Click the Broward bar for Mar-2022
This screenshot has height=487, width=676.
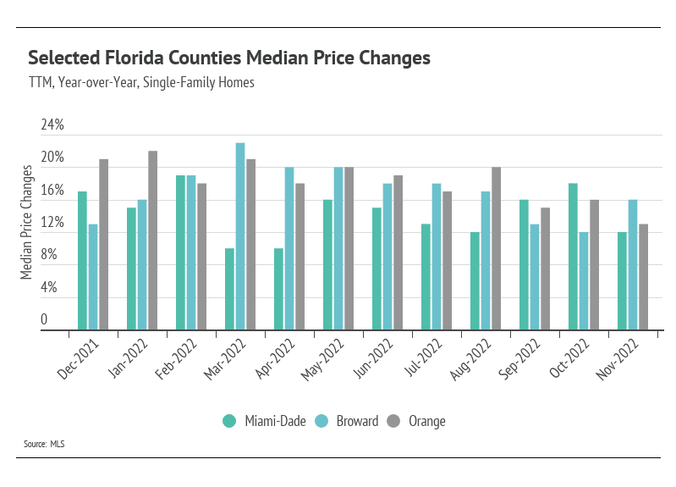240,236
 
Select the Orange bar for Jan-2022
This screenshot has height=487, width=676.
152,241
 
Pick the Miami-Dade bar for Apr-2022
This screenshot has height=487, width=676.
278,289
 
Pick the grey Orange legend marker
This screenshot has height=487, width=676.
393,421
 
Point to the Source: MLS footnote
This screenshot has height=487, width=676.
45,444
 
